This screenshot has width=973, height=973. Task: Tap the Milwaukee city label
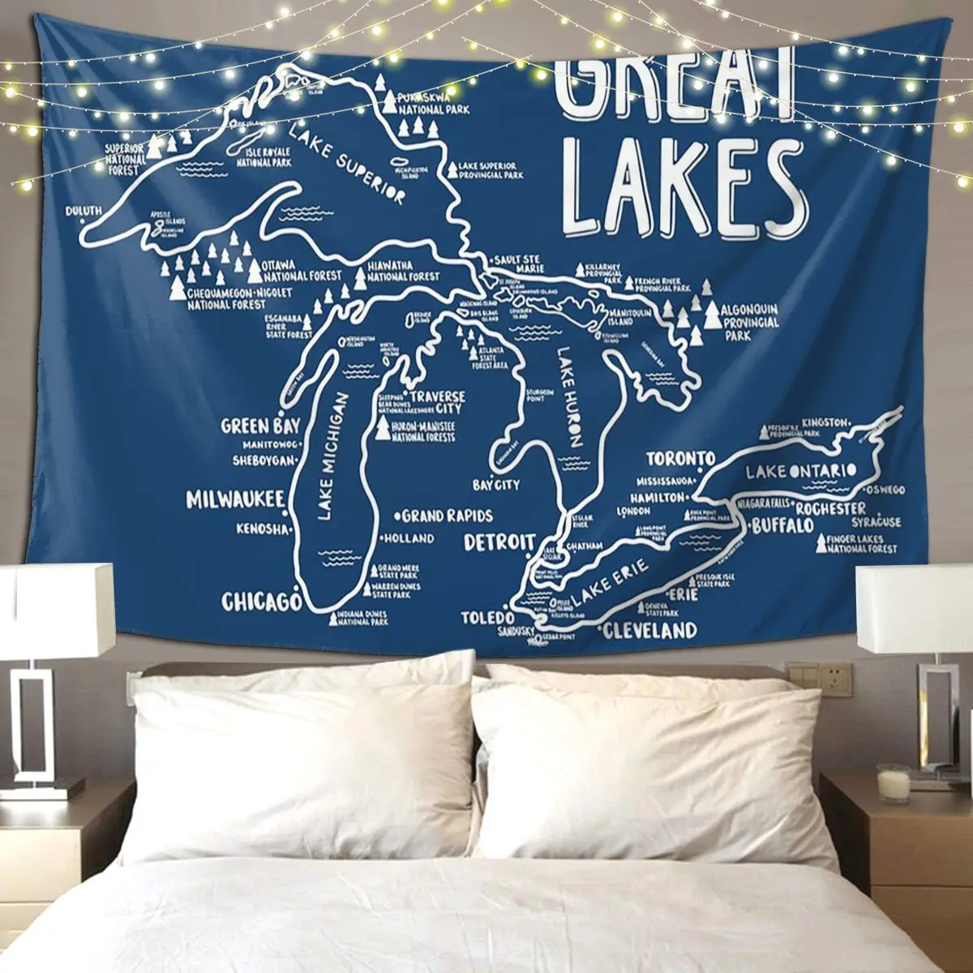click(234, 498)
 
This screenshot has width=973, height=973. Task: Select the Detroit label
click(499, 542)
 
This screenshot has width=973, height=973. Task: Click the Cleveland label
click(650, 630)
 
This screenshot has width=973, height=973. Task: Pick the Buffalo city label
click(782, 526)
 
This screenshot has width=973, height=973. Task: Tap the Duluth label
click(84, 212)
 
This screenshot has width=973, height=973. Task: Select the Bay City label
click(496, 485)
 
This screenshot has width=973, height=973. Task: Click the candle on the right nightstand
click(894, 785)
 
